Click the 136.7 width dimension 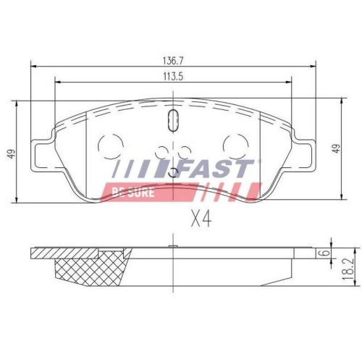[172, 61]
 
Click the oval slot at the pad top [172, 120]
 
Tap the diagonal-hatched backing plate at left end [43, 255]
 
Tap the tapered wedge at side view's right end [300, 254]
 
